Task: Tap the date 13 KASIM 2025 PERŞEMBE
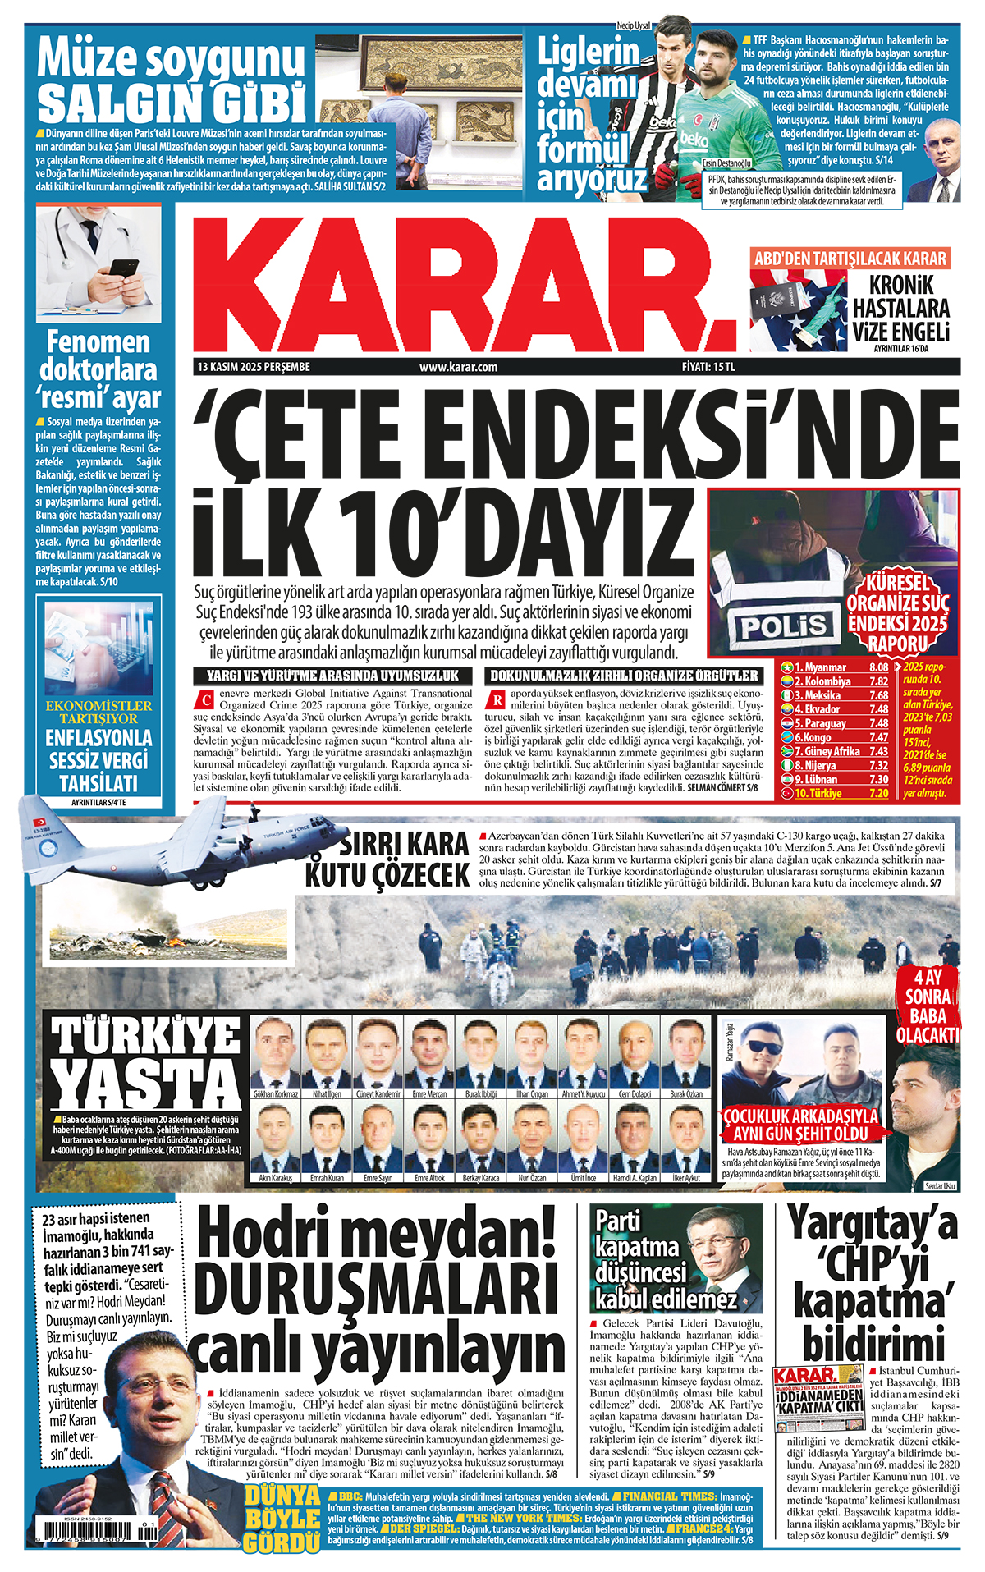[254, 367]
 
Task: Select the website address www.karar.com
[458, 367]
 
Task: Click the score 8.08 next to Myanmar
[877, 667]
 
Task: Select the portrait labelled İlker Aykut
[686, 1138]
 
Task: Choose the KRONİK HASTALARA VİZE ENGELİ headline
[900, 308]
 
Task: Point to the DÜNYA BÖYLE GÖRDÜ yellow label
[282, 1519]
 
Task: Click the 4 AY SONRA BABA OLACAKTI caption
[928, 1006]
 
